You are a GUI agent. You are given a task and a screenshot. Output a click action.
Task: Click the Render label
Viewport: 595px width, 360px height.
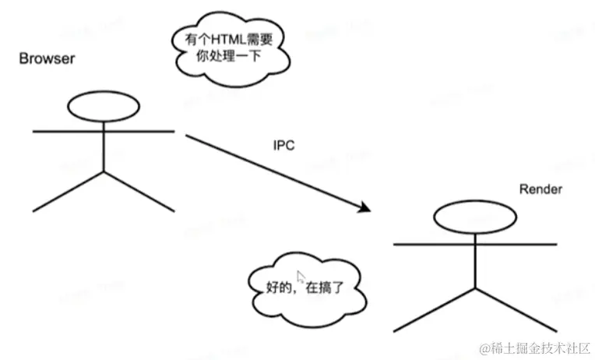[540, 189]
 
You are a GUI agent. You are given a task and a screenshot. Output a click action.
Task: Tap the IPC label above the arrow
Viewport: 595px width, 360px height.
[283, 146]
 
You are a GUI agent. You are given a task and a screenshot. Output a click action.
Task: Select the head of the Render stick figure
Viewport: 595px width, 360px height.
[474, 217]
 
